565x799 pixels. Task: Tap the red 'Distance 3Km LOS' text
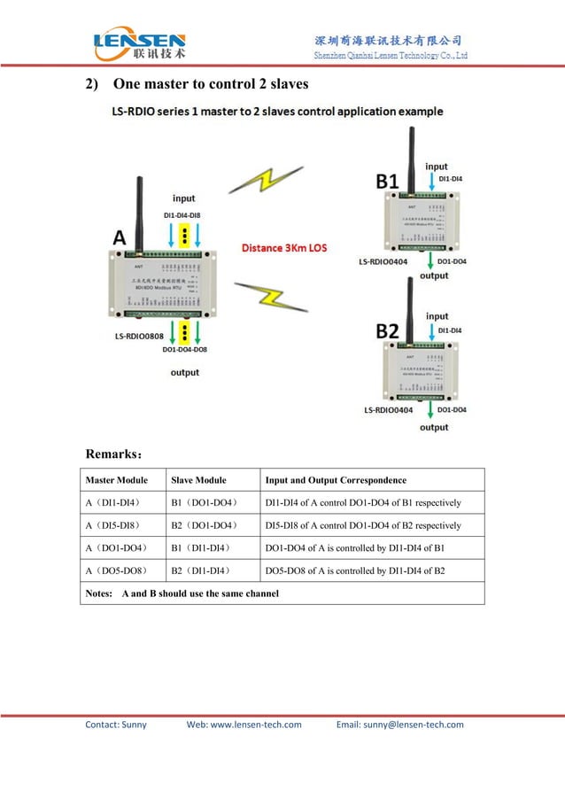284,248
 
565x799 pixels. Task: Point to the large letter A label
120,237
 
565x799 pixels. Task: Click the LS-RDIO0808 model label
138,337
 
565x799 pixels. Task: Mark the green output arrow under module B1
430,260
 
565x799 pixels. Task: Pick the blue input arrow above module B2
430,330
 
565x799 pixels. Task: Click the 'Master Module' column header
116,480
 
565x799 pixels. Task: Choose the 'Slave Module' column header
197,480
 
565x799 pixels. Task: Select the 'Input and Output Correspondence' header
336,480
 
